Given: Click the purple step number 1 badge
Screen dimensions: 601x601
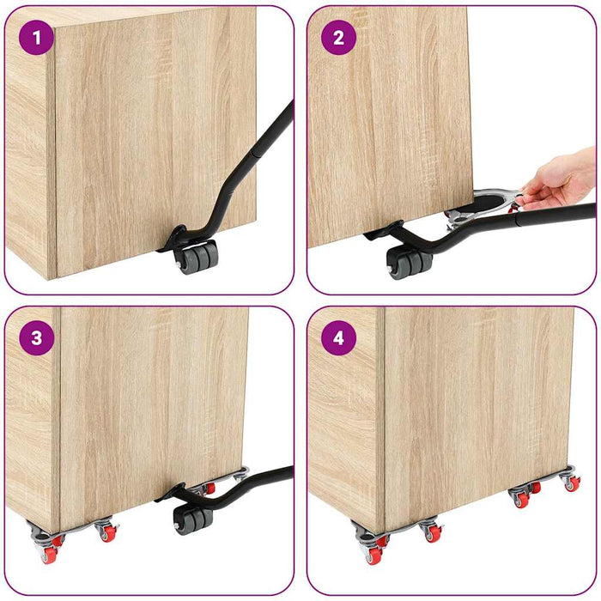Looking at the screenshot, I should pos(36,38).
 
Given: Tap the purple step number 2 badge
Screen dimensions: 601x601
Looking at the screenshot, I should pos(338,38).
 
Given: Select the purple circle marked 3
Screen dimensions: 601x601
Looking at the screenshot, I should pos(36,337).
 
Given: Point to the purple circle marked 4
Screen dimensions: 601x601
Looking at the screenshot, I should pos(338,337).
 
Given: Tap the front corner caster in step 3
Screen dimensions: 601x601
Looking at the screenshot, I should pos(50,546).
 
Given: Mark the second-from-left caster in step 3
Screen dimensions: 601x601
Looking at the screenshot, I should pos(107,531).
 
